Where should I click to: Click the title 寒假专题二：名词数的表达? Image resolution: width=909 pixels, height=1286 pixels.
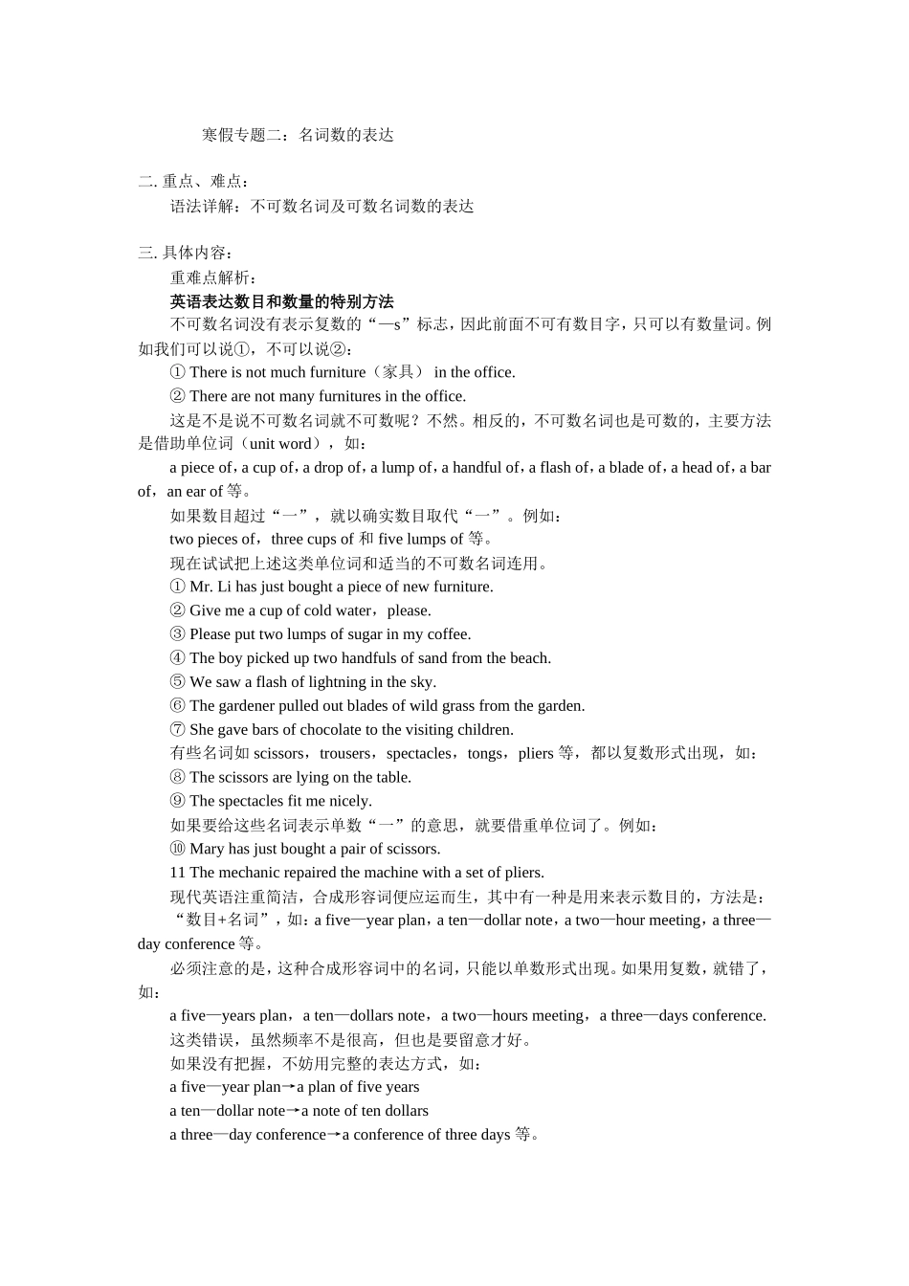tap(298, 135)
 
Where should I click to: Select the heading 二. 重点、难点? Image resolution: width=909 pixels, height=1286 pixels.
tap(194, 182)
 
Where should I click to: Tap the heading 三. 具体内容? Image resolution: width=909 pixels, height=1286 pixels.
tap(186, 253)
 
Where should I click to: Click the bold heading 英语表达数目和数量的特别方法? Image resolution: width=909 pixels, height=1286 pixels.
tap(281, 301)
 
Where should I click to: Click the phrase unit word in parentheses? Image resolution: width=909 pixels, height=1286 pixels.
tap(279, 444)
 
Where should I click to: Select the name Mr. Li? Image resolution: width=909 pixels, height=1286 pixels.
tap(211, 587)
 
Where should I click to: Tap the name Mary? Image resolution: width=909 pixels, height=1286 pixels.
tap(207, 849)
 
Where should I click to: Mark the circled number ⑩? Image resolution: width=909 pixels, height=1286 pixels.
tap(178, 849)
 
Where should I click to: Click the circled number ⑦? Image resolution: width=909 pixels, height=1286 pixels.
tap(178, 730)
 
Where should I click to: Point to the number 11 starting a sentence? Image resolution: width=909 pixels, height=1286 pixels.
tap(177, 873)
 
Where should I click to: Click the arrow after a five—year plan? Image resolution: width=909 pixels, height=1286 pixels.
tap(289, 1087)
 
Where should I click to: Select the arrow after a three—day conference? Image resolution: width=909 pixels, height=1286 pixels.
tap(334, 1135)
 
